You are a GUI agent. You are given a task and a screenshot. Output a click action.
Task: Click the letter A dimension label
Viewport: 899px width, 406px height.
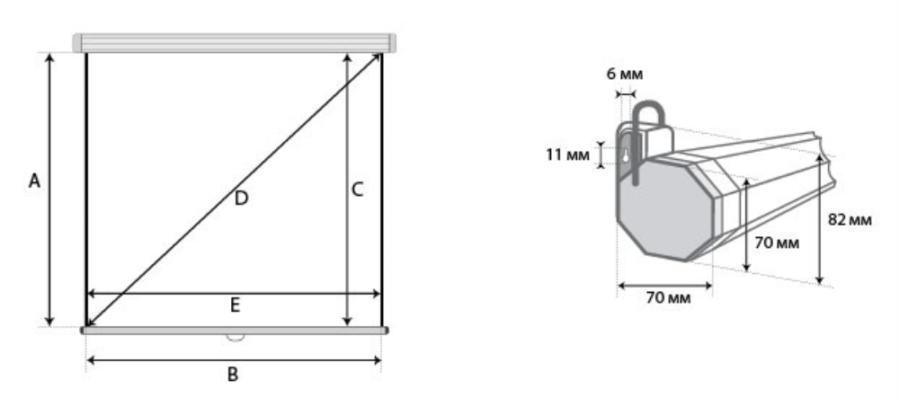click(34, 181)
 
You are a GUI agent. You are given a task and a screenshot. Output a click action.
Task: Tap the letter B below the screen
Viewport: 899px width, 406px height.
click(232, 375)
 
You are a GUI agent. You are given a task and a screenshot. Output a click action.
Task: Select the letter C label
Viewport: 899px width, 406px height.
click(357, 190)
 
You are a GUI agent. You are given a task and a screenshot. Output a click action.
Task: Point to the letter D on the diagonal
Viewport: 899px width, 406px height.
click(241, 199)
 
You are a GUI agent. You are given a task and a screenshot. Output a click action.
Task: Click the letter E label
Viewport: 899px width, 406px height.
click(235, 305)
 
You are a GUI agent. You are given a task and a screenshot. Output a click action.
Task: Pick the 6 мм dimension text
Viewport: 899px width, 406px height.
click(625, 74)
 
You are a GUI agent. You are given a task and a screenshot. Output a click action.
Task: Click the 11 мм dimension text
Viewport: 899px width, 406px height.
click(567, 155)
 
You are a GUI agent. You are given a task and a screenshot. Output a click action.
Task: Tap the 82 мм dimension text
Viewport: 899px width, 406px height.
click(850, 219)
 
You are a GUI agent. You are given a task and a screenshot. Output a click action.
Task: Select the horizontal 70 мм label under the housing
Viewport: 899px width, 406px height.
click(669, 298)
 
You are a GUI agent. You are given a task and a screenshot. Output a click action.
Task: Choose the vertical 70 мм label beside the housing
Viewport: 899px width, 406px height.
click(777, 243)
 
